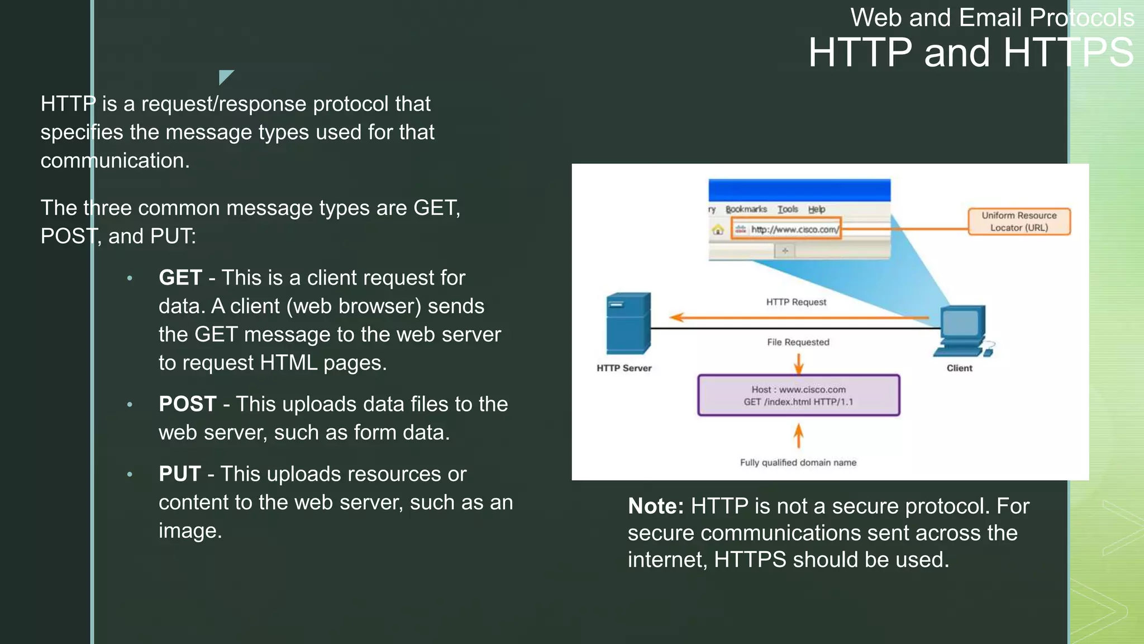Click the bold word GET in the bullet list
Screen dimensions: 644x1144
click(180, 278)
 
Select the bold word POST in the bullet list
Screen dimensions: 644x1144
click(187, 404)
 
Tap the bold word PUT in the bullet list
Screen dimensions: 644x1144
click(179, 474)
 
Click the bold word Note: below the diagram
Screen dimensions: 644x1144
click(655, 506)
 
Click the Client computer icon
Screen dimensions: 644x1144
click(962, 331)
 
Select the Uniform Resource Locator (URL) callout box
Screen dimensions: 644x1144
click(1019, 221)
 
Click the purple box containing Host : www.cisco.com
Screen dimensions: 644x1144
click(798, 395)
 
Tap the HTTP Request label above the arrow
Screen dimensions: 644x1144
click(796, 302)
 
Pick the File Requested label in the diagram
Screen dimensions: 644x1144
click(798, 342)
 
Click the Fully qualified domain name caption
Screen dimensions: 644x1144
click(798, 462)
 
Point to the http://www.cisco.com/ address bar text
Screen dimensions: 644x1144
click(794, 229)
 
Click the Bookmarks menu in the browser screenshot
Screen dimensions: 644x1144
click(746, 209)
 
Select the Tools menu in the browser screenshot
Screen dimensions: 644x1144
click(788, 209)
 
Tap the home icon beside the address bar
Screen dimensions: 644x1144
click(718, 230)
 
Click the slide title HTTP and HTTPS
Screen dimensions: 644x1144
click(970, 53)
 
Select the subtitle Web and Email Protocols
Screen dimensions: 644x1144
click(992, 18)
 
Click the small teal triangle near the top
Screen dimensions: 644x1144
click(225, 76)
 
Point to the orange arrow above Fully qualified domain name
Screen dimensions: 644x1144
click(798, 436)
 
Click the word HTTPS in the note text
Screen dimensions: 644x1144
click(750, 560)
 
